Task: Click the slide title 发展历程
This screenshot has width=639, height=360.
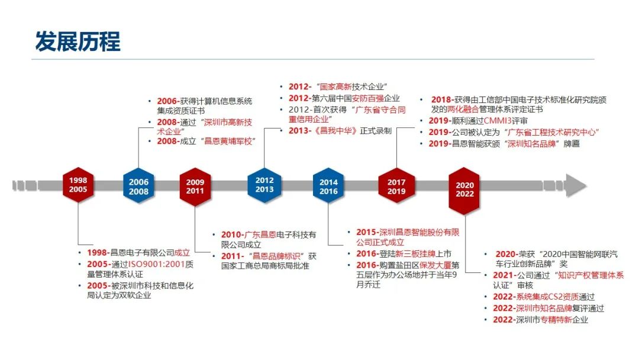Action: pyautogui.click(x=78, y=41)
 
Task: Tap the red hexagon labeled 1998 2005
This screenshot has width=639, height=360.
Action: pyautogui.click(x=78, y=185)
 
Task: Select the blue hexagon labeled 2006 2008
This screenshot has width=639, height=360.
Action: pyautogui.click(x=138, y=186)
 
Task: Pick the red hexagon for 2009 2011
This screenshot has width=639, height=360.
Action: pyautogui.click(x=195, y=187)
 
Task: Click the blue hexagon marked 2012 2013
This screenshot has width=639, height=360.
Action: pyautogui.click(x=264, y=185)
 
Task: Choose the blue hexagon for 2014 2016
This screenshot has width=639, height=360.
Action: pyautogui.click(x=328, y=186)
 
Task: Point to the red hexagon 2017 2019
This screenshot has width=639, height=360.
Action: pyautogui.click(x=396, y=186)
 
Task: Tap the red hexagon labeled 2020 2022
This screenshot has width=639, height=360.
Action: pyautogui.click(x=464, y=190)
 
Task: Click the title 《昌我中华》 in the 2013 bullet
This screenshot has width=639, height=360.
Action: pyautogui.click(x=336, y=130)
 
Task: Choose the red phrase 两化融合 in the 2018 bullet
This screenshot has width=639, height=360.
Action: pyautogui.click(x=463, y=110)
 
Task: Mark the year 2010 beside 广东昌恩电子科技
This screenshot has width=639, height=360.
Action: pyautogui.click(x=231, y=235)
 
